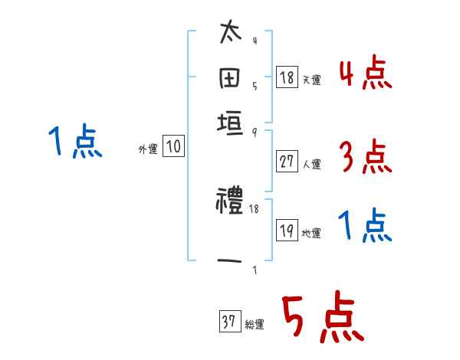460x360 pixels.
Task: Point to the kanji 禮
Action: coord(230,202)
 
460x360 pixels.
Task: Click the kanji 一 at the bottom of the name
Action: coord(231,261)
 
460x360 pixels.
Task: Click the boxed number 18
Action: coord(287,77)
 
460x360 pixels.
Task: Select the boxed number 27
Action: coord(287,161)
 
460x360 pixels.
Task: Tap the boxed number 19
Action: coord(287,231)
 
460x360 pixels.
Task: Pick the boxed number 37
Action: coord(228,322)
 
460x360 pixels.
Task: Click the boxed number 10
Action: coord(174,147)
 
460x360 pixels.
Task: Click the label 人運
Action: coord(311,163)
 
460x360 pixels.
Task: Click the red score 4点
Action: coord(366,75)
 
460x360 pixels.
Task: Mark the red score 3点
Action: coord(365,159)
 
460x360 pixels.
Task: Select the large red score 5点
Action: coord(323,318)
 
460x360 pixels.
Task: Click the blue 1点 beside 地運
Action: coord(365,226)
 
